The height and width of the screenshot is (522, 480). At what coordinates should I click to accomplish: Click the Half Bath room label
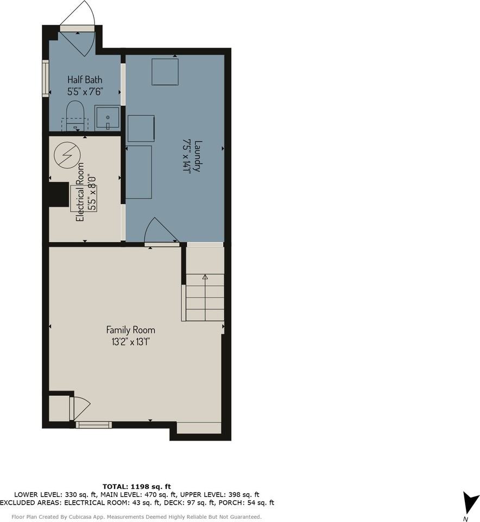[x=85, y=79]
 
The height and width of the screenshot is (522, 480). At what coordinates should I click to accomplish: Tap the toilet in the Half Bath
[x=75, y=115]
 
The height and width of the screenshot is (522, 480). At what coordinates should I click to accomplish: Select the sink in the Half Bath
[x=108, y=118]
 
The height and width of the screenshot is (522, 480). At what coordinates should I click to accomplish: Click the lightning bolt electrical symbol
[x=67, y=155]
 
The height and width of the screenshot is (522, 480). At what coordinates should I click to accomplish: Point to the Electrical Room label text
[x=80, y=192]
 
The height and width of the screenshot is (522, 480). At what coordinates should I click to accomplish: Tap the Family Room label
[x=131, y=330]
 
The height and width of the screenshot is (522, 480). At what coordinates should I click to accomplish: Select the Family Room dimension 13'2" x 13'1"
[x=131, y=342]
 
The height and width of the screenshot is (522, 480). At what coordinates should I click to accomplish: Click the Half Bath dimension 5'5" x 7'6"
[x=85, y=91]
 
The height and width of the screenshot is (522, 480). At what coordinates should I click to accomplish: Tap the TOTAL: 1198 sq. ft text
[x=137, y=487]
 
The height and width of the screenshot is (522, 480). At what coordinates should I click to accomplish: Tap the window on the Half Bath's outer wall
[x=46, y=78]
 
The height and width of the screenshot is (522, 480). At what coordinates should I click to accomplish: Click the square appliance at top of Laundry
[x=165, y=72]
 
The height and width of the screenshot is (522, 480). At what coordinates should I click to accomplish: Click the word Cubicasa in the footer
[x=79, y=517]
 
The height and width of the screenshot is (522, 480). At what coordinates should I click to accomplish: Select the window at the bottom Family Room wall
[x=94, y=425]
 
